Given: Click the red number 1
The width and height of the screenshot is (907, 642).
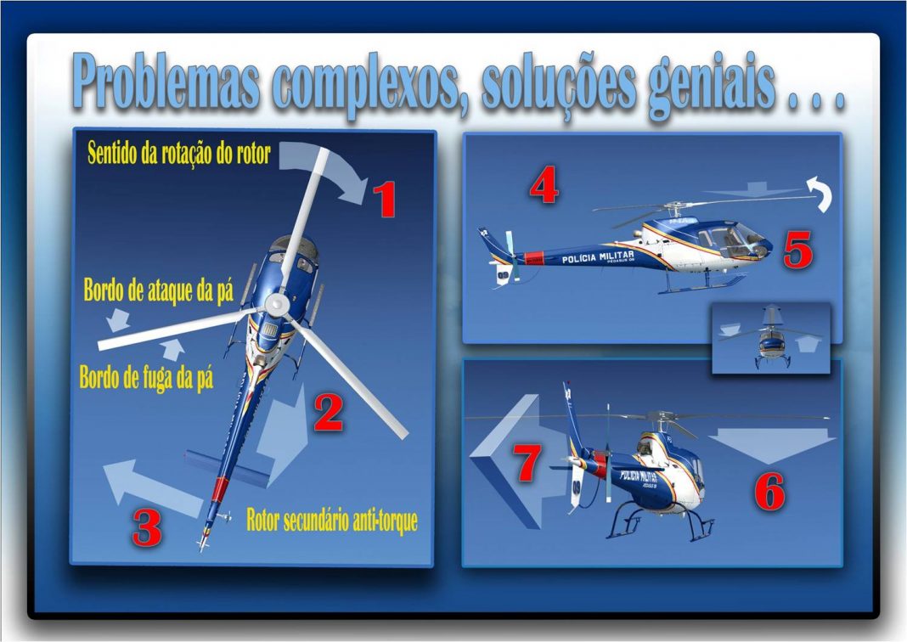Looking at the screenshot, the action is [x=384, y=199].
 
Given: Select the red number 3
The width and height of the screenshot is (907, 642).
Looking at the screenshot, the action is [x=146, y=528].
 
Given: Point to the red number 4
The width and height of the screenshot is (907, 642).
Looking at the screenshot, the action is [x=544, y=184].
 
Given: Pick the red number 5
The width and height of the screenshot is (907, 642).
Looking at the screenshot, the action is [x=798, y=250].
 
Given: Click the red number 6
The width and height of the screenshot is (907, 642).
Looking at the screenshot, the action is [x=770, y=491].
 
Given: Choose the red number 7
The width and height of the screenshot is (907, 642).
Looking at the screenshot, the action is [x=527, y=463].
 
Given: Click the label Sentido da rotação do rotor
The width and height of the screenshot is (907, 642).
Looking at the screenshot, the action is [x=179, y=154].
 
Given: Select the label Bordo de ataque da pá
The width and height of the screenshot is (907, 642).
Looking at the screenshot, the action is [x=159, y=290].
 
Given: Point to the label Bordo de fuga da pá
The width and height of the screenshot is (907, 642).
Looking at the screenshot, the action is [x=146, y=379].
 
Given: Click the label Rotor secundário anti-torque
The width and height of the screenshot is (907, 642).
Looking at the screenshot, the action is [x=332, y=520].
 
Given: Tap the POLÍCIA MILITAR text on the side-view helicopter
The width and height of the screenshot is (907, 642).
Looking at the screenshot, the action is [x=598, y=256].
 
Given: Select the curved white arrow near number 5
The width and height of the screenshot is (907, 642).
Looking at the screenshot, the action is [x=821, y=193].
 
